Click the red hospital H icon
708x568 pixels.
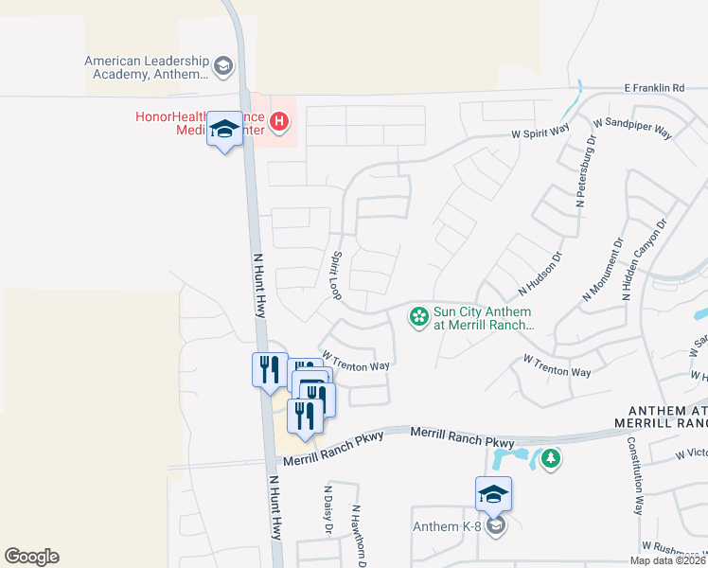click(x=279, y=121)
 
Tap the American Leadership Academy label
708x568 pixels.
click(x=146, y=67)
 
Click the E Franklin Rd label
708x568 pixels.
click(x=654, y=88)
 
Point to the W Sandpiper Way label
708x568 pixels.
click(x=632, y=129)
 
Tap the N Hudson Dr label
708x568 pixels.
click(x=540, y=272)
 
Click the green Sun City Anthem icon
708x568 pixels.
click(x=417, y=317)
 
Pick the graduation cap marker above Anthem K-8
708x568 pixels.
click(x=493, y=495)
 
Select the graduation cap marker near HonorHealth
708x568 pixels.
click(x=224, y=131)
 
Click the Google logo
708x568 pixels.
click(x=31, y=557)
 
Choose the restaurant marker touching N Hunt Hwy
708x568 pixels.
click(x=269, y=368)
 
